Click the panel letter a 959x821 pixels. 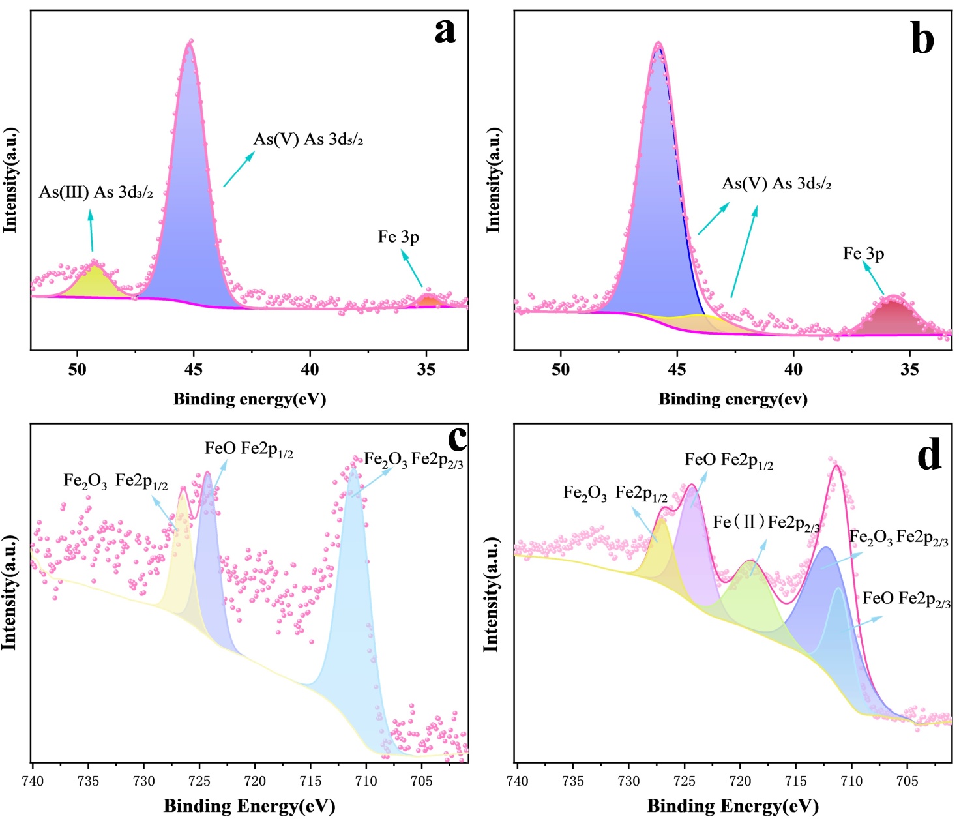(445, 31)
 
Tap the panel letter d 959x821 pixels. (928, 455)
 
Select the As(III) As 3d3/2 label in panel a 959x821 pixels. (96, 192)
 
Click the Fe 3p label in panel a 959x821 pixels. (398, 237)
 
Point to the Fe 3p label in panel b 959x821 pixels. (863, 254)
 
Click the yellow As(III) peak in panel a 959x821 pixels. (96, 282)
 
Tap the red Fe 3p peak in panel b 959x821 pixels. (892, 320)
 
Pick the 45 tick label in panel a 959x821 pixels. (194, 370)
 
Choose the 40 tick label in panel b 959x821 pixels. (793, 370)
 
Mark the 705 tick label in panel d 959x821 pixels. (907, 781)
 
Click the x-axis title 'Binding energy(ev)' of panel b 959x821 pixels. (733, 399)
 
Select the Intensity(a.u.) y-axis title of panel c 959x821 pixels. (9, 593)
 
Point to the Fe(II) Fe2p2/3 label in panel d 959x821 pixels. (766, 523)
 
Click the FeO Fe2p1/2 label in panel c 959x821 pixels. (248, 449)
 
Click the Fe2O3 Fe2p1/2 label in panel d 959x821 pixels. (615, 494)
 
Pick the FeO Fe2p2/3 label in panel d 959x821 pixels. (906, 599)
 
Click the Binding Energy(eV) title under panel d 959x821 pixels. (733, 807)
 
